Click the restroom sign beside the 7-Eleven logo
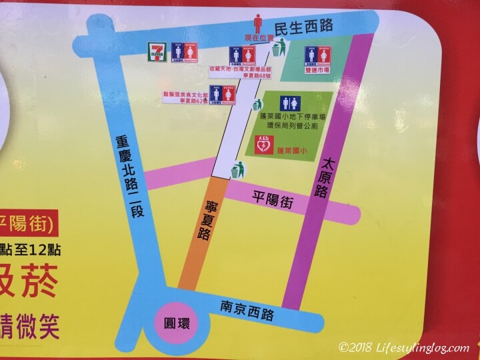click(184, 51)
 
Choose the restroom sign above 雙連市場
click(316, 55)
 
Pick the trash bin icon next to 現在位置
click(283, 47)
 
